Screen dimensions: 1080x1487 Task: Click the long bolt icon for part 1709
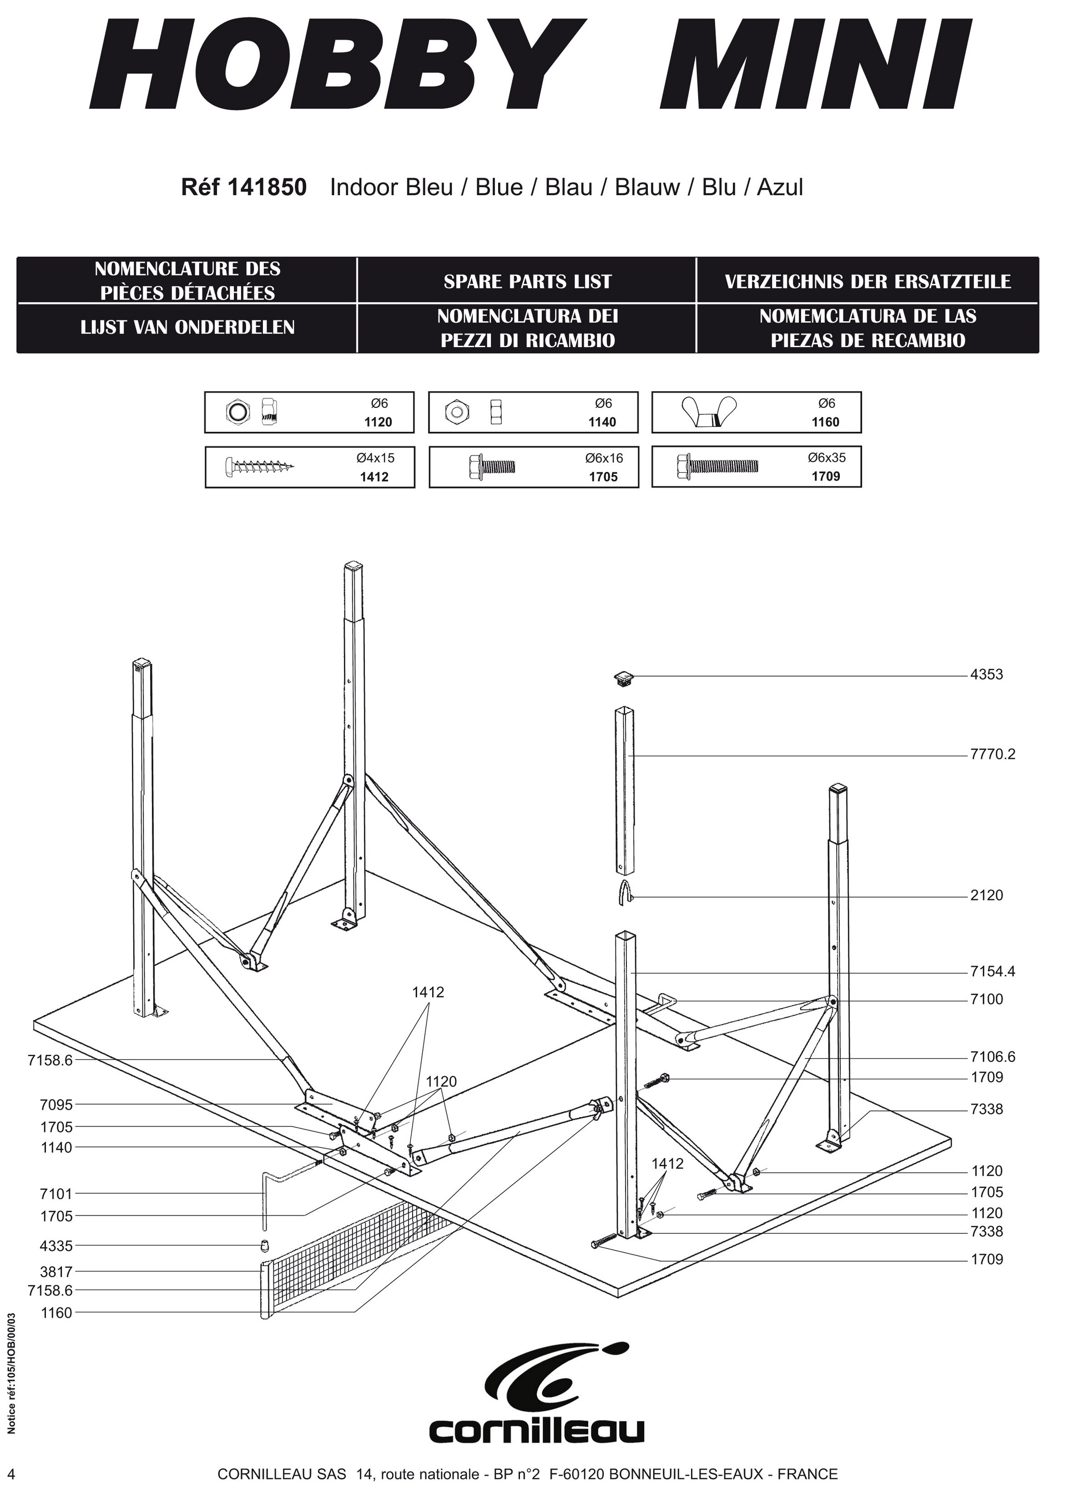click(717, 466)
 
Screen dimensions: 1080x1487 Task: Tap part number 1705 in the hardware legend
click(603, 477)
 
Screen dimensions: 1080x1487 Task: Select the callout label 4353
click(986, 675)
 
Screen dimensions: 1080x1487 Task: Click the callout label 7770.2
click(992, 754)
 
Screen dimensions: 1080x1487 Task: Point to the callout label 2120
click(986, 895)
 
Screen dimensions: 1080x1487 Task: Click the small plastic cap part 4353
click(625, 677)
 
